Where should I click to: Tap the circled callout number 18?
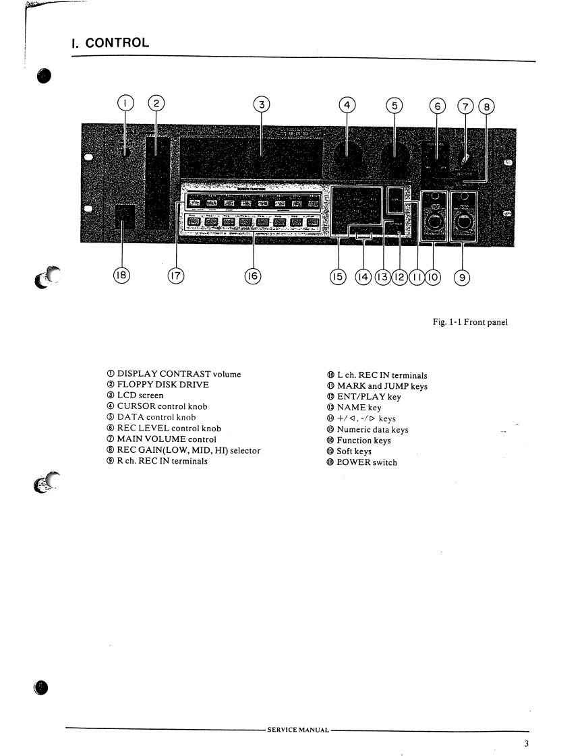pyautogui.click(x=122, y=276)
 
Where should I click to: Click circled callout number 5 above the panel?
pyautogui.click(x=395, y=105)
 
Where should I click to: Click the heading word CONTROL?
pyautogui.click(x=118, y=43)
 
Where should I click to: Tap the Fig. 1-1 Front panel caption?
pyautogui.click(x=469, y=322)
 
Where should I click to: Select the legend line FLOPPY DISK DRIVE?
pyautogui.click(x=163, y=385)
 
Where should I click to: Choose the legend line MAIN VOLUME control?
pyautogui.click(x=167, y=439)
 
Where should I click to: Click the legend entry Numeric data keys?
pyautogui.click(x=372, y=429)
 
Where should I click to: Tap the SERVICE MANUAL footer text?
pyautogui.click(x=297, y=730)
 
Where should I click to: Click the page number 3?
pyautogui.click(x=526, y=744)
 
